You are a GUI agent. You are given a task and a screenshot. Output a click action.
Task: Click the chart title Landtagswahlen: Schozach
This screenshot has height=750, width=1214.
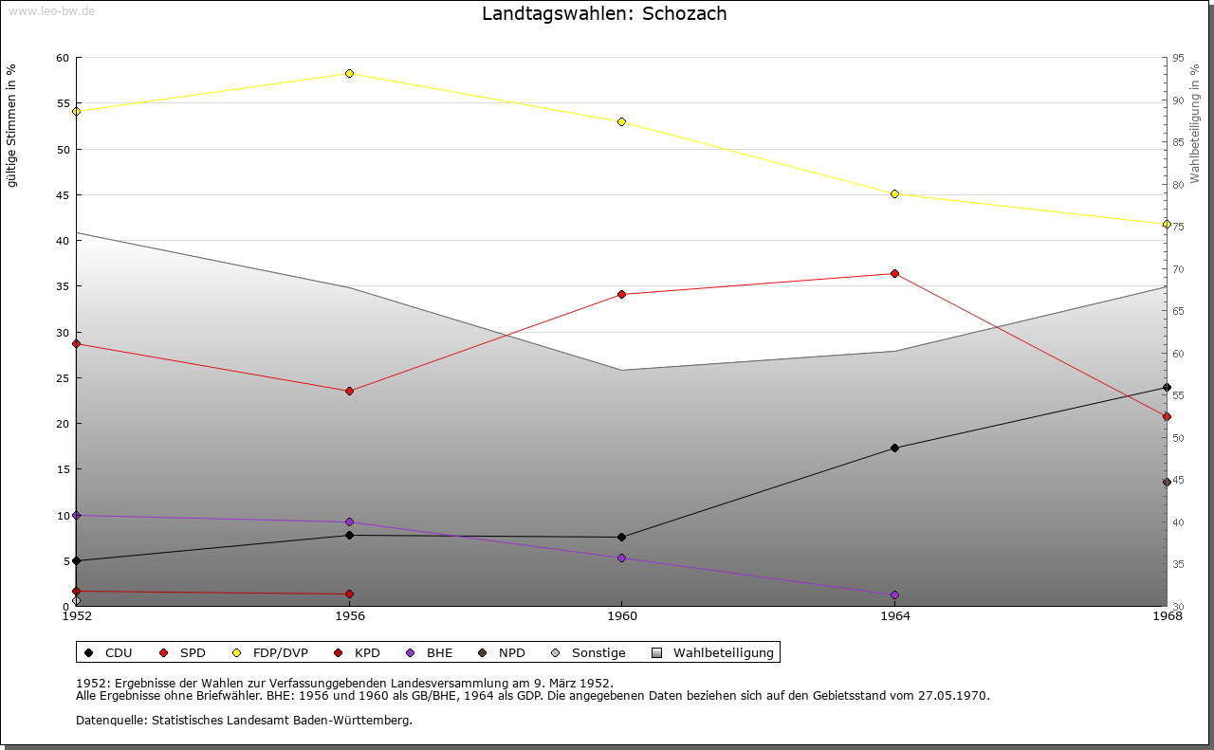coord(604,13)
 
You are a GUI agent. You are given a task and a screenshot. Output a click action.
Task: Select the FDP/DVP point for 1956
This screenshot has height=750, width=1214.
coord(349,74)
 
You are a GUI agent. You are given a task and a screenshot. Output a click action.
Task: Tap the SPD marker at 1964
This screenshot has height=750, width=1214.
coord(894,274)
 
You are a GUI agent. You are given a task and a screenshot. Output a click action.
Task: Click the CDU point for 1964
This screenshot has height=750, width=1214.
coord(894,448)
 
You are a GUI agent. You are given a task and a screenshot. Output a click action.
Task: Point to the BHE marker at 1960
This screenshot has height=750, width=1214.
coord(621,558)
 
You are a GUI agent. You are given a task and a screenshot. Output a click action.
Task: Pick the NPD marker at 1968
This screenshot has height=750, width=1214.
coord(1167,483)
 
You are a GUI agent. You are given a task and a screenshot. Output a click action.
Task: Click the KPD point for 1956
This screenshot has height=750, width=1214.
coord(349,595)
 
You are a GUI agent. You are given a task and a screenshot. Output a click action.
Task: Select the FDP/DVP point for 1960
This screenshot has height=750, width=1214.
coord(621,122)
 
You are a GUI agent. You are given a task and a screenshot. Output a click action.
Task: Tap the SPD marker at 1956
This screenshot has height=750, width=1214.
coord(349,392)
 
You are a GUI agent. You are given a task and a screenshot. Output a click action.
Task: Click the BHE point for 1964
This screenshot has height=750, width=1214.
coord(894,595)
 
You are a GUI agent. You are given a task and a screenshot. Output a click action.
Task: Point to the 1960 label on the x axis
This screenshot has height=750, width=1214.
coord(621,617)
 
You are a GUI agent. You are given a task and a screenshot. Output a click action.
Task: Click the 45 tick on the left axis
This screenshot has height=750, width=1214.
coord(63,195)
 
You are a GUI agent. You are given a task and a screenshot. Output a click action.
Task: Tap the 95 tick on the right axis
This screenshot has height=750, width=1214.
coord(1177,58)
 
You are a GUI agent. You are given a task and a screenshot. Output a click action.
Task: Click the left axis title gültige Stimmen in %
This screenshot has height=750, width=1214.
coord(12,125)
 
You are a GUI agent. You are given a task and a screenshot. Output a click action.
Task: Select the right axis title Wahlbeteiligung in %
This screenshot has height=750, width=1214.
coord(1195,123)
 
